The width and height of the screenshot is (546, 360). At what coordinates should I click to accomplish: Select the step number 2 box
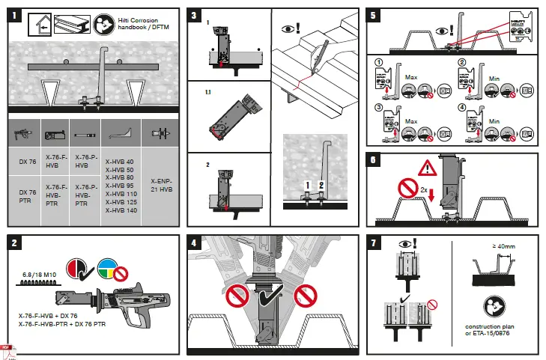(x=15, y=242)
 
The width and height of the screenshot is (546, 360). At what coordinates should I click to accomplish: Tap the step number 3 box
(x=195, y=16)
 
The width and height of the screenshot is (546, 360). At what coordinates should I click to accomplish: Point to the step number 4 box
(x=195, y=242)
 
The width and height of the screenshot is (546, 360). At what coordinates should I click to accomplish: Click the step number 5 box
(x=374, y=16)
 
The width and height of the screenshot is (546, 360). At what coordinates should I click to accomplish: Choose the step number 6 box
(x=374, y=159)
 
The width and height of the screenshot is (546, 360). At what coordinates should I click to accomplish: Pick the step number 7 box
(x=374, y=242)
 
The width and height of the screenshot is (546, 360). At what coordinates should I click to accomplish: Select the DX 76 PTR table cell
(x=26, y=197)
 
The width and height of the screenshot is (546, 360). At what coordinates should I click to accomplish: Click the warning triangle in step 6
(x=428, y=168)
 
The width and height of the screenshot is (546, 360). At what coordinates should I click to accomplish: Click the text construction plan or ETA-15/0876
(x=492, y=331)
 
